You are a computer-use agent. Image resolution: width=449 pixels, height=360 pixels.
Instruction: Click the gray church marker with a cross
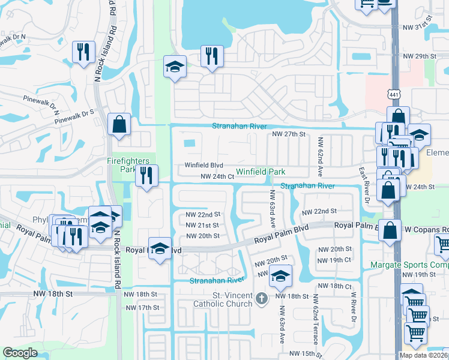coord(261,298)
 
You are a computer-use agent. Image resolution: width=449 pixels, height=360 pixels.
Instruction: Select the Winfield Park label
coord(261,172)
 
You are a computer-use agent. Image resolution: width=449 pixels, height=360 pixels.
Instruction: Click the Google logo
coord(20,353)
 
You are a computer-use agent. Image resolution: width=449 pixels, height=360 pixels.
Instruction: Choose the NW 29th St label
coord(420,56)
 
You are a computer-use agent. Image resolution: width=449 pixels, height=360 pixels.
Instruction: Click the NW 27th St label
coord(289,134)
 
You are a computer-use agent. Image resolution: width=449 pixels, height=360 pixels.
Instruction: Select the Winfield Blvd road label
coord(203,165)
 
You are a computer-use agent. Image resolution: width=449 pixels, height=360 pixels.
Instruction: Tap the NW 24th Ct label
coord(216,176)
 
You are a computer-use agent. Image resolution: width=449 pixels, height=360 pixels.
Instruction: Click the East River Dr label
coord(363,184)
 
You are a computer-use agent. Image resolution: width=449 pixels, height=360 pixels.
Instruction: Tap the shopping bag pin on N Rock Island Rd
coord(119,125)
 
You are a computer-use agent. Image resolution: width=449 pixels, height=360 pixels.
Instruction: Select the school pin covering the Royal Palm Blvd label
coord(160,248)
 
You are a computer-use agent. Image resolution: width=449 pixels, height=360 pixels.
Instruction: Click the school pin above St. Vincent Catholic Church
coord(280,276)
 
